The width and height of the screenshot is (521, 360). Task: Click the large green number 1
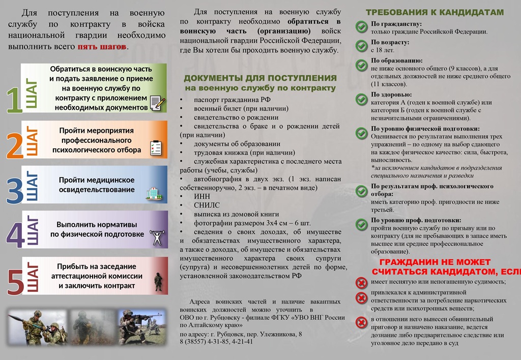point(14,100)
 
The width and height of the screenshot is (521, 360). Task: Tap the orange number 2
point(14,145)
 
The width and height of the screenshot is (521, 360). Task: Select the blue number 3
point(14,190)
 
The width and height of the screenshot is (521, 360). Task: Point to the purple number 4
point(14,234)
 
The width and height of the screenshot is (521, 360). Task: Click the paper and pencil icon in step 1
point(157,103)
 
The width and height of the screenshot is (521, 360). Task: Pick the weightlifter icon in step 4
point(156,237)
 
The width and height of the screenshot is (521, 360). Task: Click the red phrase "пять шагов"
point(102,47)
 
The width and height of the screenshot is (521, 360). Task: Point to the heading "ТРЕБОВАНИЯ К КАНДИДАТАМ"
point(435,12)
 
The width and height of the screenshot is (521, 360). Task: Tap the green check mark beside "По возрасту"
point(361,45)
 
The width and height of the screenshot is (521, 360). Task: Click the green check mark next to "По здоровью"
point(361,98)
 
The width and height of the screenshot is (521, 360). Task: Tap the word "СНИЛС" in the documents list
point(207,205)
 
